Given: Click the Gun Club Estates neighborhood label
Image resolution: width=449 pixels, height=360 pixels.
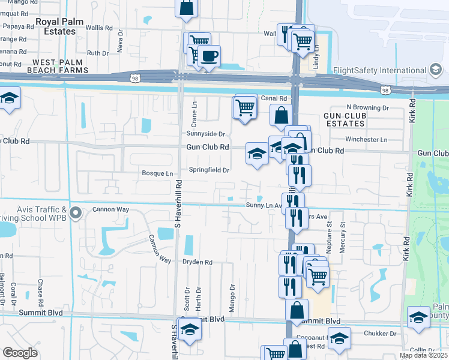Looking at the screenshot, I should coord(344,119).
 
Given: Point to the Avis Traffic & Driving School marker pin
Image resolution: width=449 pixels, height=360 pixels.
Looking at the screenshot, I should coord(75,213).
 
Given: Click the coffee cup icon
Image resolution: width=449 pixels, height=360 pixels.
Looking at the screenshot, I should coord(209,57).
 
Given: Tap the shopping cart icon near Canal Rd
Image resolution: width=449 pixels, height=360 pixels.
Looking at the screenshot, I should coord(245,108).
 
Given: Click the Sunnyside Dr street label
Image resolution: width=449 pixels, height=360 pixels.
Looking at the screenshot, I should coord(205,134).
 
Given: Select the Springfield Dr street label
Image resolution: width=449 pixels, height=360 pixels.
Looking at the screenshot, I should coord(209,170).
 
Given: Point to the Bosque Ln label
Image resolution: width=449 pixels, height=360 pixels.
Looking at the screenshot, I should coord(157,173).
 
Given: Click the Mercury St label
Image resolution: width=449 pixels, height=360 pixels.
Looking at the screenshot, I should coord(343,238).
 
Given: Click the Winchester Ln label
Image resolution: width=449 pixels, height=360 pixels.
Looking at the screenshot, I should coord(366,139).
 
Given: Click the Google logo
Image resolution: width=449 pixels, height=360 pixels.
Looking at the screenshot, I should coord(20,352).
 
